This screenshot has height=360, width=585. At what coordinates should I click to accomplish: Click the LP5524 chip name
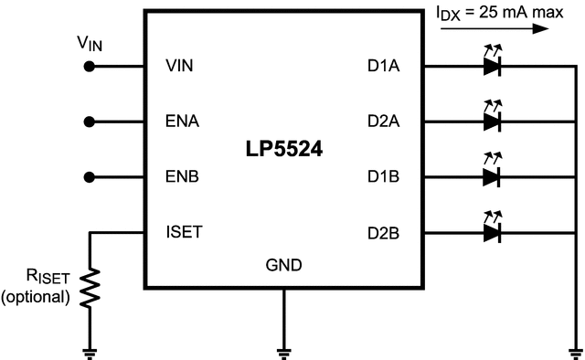point(282,149)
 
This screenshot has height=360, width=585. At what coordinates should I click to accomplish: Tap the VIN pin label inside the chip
point(180,66)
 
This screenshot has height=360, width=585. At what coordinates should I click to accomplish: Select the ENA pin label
point(182,121)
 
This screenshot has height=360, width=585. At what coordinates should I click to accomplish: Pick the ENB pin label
point(182,175)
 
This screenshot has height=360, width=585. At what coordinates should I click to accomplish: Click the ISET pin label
point(185,231)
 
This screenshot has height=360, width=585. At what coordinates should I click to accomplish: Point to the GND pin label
point(283,266)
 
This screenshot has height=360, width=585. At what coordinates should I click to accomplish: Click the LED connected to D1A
point(493,66)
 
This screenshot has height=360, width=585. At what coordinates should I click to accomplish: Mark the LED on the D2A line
point(493,121)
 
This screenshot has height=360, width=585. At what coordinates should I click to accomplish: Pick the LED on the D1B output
point(493,176)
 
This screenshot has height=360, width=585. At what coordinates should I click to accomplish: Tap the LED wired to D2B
point(493,231)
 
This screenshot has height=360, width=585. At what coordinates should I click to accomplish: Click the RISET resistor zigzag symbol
point(90,286)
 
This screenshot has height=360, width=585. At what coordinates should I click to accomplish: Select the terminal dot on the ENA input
point(90,121)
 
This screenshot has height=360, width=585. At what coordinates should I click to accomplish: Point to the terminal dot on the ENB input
point(90,175)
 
